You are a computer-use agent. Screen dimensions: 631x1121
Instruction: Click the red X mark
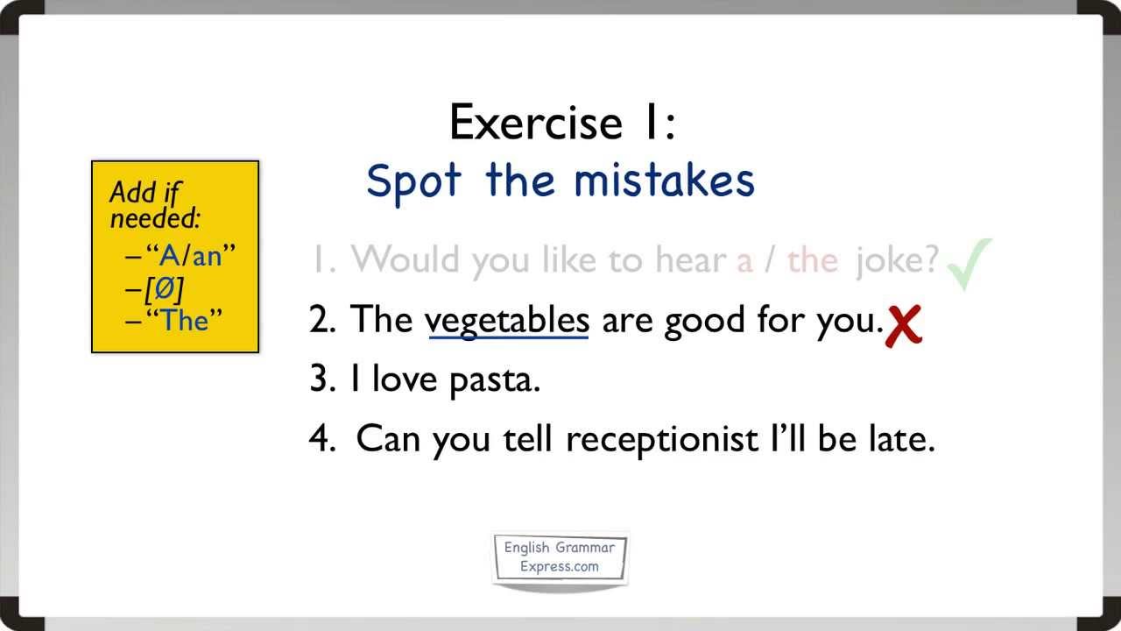905,326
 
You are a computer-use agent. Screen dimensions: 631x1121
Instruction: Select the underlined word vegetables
507,321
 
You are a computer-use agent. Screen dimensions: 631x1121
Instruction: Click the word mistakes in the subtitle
664,181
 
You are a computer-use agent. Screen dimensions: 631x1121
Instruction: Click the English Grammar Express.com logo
560,557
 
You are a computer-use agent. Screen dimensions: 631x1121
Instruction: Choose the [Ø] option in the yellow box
166,289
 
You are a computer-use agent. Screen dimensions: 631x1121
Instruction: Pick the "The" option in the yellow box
184,320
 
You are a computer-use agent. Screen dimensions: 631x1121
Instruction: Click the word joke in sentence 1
897,260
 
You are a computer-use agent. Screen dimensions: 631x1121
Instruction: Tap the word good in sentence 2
700,321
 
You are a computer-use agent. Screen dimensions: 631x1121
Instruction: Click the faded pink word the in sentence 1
812,260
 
